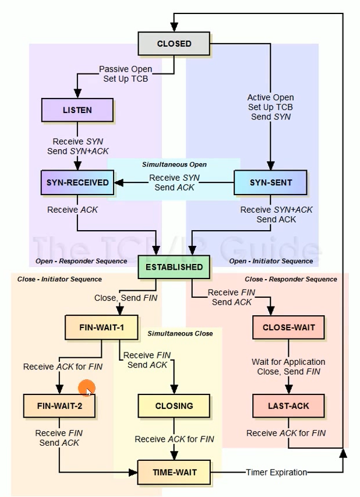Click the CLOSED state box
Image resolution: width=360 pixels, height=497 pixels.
coord(173,44)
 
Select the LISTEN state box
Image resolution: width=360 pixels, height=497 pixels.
coord(77,110)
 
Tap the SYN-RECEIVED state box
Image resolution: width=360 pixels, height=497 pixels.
coord(77,182)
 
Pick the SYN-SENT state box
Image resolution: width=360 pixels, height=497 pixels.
coord(270,182)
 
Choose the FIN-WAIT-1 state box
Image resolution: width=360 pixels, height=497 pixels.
coord(101,327)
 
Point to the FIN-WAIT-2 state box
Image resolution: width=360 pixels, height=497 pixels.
coord(59,405)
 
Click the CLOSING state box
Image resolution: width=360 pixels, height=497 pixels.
coord(174,405)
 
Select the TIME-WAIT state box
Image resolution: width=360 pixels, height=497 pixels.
coord(174,472)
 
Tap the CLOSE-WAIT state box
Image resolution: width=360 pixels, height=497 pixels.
coord(288,327)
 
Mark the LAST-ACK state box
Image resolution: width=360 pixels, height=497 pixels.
coord(288,405)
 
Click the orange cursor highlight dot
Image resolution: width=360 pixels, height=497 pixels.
coord(87,389)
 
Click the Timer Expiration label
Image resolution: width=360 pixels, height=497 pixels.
coord(276,473)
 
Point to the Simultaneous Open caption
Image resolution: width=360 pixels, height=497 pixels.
coord(174,165)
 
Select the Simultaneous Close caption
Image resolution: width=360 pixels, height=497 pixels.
coord(180,333)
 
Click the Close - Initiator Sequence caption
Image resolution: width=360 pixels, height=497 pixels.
coord(59,279)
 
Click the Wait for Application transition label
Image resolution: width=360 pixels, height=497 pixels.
coord(288,366)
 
